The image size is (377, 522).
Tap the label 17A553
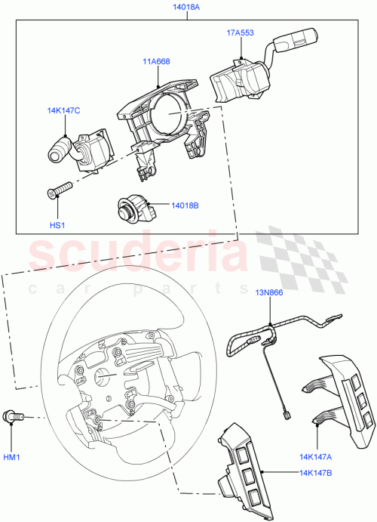click(x=241, y=34)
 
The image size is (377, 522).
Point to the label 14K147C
click(x=63, y=111)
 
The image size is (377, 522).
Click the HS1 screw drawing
click(x=59, y=189)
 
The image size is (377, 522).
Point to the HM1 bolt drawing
click(x=14, y=415)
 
